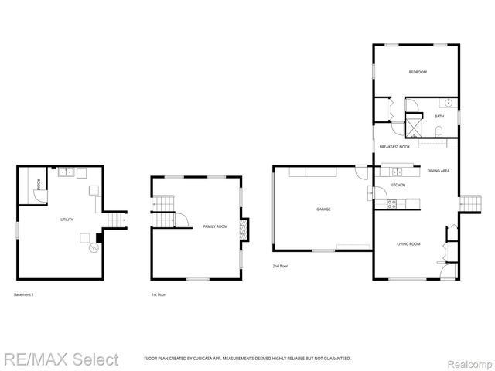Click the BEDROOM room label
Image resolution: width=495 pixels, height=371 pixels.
point(418,72)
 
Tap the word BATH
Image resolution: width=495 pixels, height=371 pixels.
point(439,117)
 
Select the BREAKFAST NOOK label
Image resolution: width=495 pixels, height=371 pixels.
point(394,146)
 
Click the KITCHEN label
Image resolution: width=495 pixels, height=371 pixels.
point(398,185)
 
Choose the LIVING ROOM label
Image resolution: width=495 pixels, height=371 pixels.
point(408,244)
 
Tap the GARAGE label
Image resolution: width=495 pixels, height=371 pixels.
point(323,209)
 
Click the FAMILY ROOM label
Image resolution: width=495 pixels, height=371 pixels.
point(215,226)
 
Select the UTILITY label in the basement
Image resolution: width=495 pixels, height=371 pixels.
point(67,220)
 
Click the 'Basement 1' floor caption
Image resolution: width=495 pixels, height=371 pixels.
point(24,294)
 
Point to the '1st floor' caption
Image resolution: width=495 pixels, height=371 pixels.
point(159,294)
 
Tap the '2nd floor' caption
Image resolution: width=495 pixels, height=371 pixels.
point(281,266)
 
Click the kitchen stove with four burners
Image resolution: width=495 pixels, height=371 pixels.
point(391,204)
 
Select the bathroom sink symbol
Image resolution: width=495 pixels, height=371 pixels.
point(448,104)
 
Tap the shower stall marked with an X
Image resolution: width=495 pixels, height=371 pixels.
point(415,124)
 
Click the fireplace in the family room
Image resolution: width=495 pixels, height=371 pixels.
point(244,230)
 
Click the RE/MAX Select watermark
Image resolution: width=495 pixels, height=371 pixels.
point(61,359)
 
